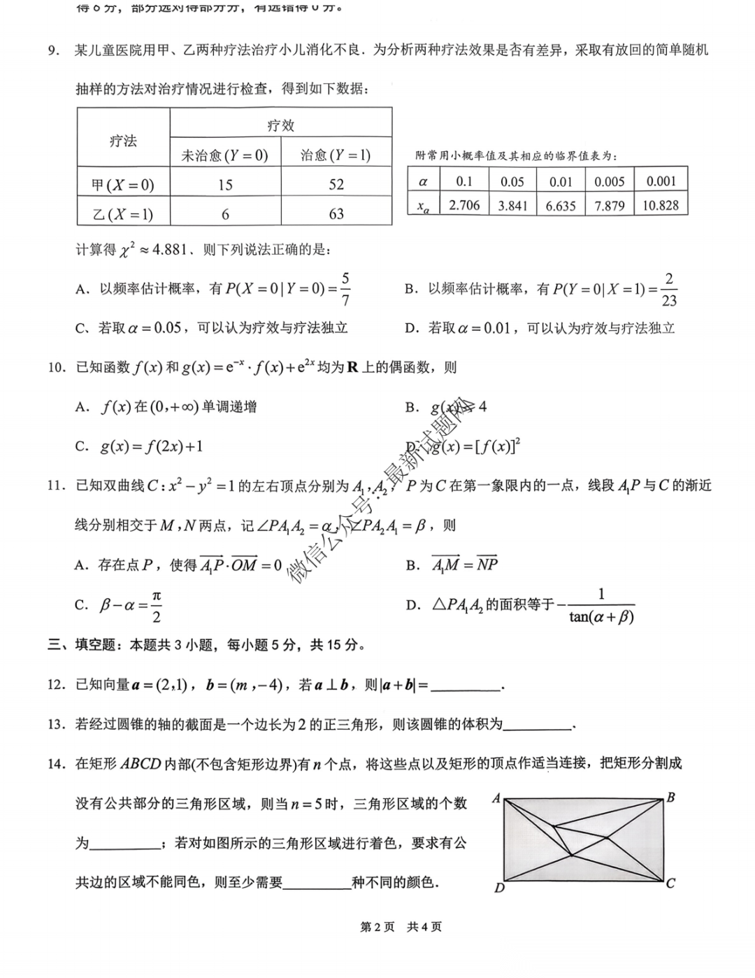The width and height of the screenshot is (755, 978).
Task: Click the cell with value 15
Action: [x=225, y=185]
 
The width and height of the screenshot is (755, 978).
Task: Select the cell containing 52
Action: [x=336, y=185]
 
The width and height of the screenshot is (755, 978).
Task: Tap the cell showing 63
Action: [x=336, y=214]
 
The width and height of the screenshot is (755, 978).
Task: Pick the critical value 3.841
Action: [x=512, y=206]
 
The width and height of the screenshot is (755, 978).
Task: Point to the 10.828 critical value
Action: [x=661, y=205]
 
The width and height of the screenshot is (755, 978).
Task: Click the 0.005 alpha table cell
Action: [x=610, y=182]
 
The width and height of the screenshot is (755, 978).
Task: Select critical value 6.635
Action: [x=561, y=206]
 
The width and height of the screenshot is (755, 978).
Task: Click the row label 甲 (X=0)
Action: [x=123, y=185]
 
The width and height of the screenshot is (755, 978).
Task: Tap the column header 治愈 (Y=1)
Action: [x=336, y=155]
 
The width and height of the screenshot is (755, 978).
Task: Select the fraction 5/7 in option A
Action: [x=345, y=289]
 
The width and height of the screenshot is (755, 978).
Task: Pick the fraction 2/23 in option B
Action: [x=669, y=289]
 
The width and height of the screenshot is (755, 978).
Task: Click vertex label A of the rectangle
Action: [x=496, y=798]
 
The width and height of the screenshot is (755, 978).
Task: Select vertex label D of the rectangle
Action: [x=499, y=888]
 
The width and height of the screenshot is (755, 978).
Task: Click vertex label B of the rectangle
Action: [x=670, y=798]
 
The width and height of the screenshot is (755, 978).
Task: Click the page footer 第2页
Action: [x=377, y=927]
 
